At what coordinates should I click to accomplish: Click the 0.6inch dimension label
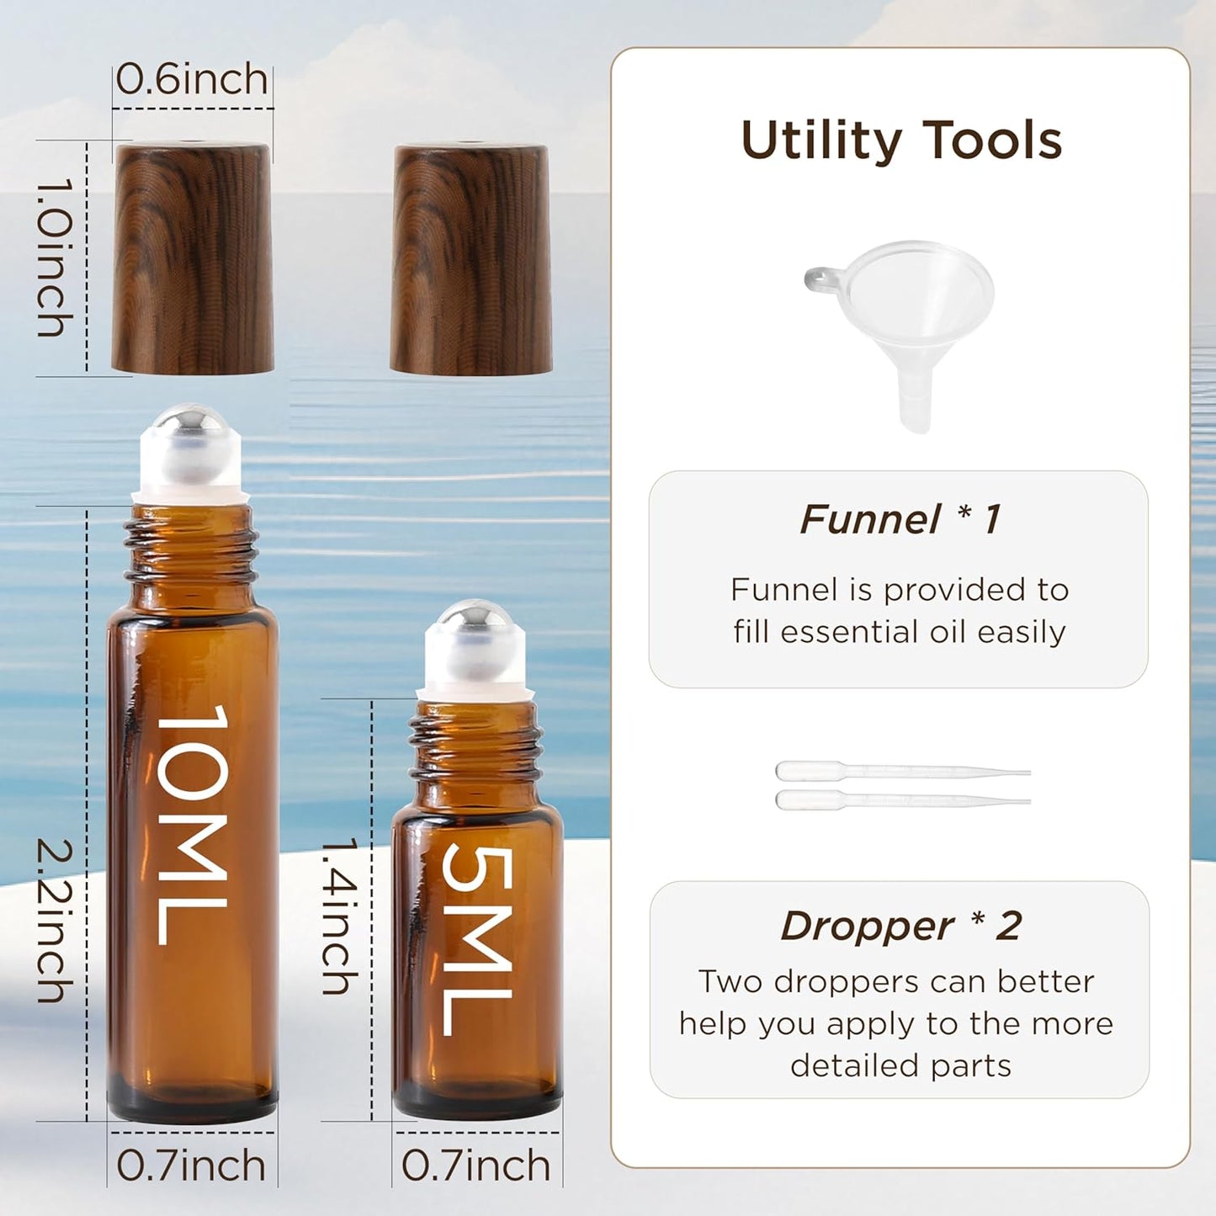192,79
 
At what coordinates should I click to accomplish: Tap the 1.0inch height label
56,257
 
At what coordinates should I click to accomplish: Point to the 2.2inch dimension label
56,921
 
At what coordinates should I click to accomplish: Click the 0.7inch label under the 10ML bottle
191,1166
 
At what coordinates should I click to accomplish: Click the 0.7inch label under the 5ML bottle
475,1166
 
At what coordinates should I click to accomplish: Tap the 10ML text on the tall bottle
193,825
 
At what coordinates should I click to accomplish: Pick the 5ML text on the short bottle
477,939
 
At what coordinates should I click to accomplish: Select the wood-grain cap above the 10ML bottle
193,258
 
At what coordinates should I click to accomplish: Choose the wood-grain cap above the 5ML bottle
471,259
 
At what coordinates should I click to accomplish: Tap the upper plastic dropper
900,771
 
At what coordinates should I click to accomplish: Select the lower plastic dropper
900,799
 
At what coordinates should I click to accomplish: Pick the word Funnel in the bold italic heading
869,519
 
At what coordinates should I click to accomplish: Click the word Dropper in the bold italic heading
867,927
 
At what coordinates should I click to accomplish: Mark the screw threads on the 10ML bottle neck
191,547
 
